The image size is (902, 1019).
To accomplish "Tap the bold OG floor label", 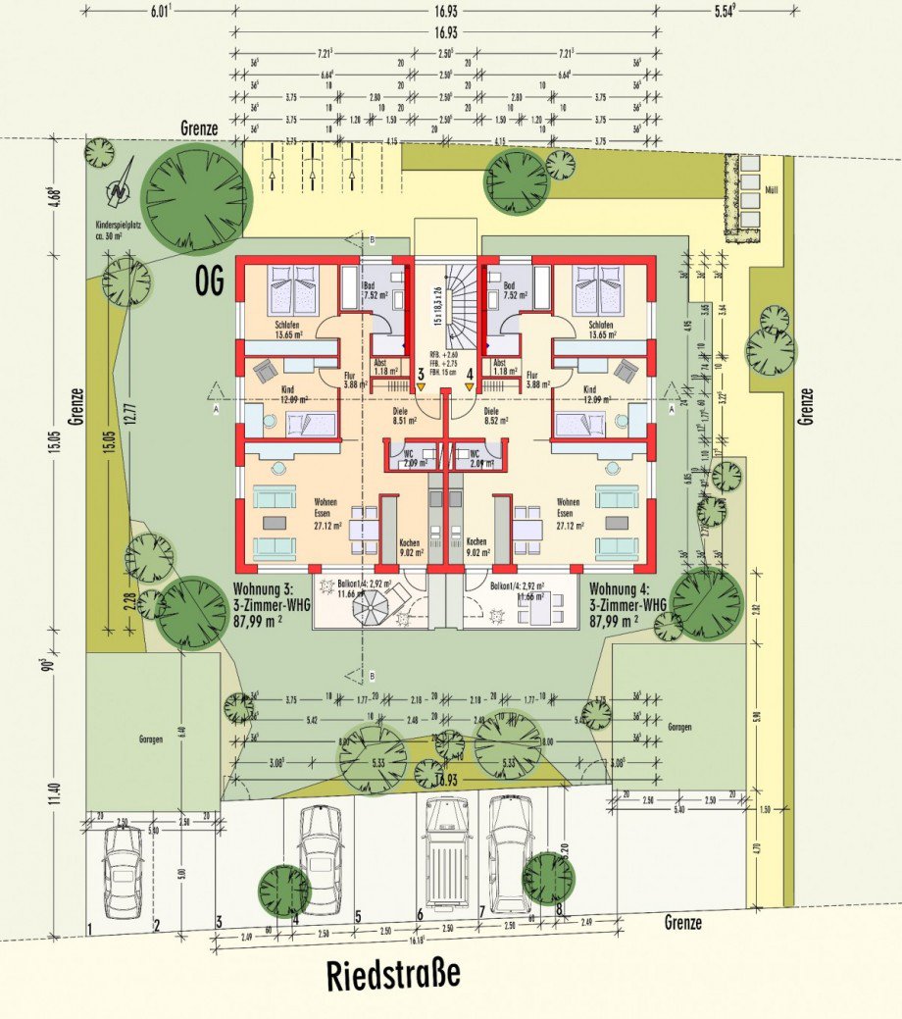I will pos(208,282).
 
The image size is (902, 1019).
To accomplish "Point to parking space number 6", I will pos(420,915).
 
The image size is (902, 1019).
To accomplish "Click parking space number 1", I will pos(89,926).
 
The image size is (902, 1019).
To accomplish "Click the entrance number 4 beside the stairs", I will pos(470,373).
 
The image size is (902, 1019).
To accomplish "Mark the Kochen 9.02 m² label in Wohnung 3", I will pos(410,546).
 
